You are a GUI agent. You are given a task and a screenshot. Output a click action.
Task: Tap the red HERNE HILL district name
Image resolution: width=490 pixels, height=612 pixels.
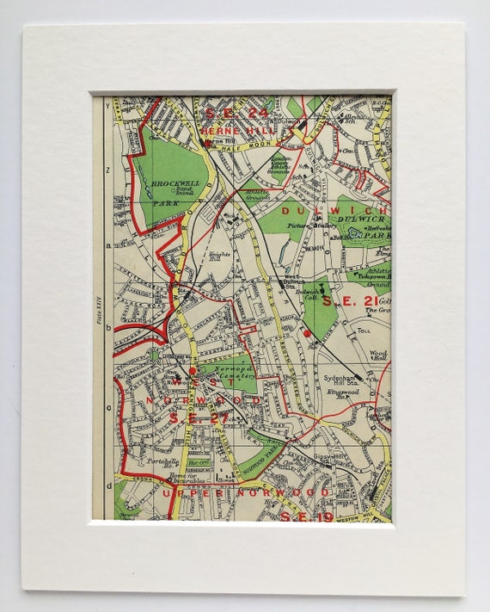tap(230, 130)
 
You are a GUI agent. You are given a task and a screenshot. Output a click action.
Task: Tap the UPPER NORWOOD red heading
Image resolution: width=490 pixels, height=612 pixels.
tap(246, 492)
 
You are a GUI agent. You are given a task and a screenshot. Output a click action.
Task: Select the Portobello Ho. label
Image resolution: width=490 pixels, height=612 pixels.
tap(163, 461)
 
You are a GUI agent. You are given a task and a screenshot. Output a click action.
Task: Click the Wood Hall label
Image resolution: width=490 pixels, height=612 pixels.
tap(378, 355)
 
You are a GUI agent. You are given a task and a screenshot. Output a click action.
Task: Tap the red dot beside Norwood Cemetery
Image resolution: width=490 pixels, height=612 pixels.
tap(193, 370)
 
